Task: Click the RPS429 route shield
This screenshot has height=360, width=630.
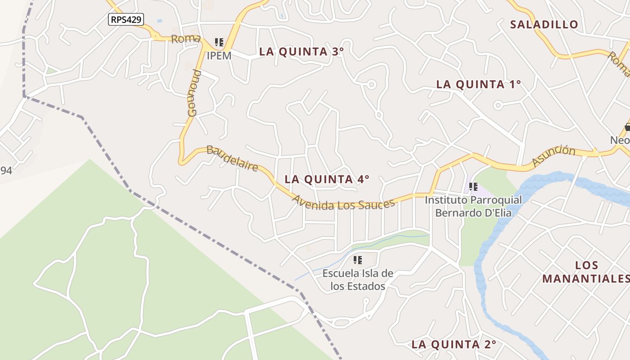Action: click(126, 19)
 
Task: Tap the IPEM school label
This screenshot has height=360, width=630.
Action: click(219, 56)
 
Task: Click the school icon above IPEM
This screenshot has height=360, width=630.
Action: click(219, 43)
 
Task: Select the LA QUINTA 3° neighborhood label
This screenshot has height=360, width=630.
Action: click(301, 52)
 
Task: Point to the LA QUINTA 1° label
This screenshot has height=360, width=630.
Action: click(479, 84)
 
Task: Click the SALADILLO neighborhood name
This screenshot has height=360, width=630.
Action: click(544, 25)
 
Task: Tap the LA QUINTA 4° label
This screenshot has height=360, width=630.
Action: click(327, 179)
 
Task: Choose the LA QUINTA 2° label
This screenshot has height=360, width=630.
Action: click(454, 345)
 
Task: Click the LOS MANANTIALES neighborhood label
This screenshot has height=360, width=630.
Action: click(586, 272)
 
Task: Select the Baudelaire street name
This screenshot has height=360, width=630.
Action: click(232, 158)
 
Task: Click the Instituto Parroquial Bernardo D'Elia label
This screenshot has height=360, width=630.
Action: click(473, 206)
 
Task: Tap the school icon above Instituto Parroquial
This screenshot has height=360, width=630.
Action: click(473, 186)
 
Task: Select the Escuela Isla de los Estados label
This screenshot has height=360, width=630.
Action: click(358, 280)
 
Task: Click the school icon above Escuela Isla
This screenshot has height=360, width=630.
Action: click(358, 260)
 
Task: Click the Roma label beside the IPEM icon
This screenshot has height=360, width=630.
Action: click(185, 39)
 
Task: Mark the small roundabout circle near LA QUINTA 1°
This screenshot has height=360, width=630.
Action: click(498, 105)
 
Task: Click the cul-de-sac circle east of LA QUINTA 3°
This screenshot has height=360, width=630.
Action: click(371, 84)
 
